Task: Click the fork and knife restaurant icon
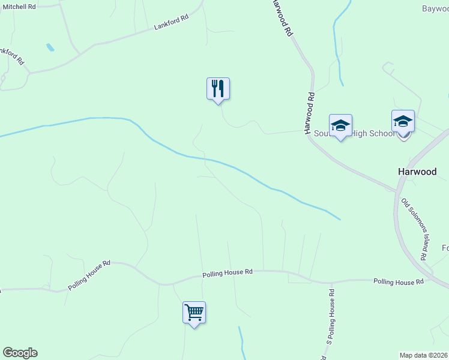tap(218, 89)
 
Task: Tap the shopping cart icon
tap(194, 313)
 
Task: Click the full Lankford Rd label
tap(171, 23)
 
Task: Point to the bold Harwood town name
tap(417, 172)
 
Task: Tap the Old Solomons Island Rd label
tap(414, 229)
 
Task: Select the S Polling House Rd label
tap(330, 316)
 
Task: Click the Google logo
tap(20, 353)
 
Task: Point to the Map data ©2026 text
tap(424, 355)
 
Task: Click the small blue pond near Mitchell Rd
tap(50, 47)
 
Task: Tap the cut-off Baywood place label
tap(435, 8)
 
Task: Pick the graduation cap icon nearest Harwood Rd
tap(340, 125)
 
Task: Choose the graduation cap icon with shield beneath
tap(403, 122)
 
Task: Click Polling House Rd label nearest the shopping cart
tap(228, 272)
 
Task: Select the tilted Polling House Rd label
tap(89, 275)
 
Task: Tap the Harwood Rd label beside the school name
tap(309, 112)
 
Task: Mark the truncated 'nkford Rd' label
tap(12, 55)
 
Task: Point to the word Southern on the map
tap(322, 133)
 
